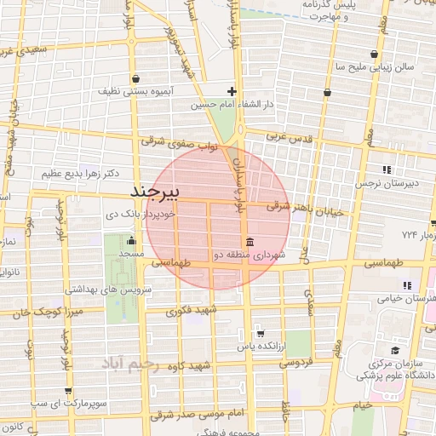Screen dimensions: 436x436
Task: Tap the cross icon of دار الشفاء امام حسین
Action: click(232, 90)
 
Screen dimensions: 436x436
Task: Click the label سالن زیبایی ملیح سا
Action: click(375, 66)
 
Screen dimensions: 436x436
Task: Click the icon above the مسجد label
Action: click(130, 240)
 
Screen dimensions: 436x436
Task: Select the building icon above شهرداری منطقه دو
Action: click(249, 240)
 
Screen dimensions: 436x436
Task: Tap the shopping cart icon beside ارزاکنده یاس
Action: click(260, 333)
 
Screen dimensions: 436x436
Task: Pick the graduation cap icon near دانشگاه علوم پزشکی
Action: click(394, 349)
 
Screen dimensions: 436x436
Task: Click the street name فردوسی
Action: click(296, 362)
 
